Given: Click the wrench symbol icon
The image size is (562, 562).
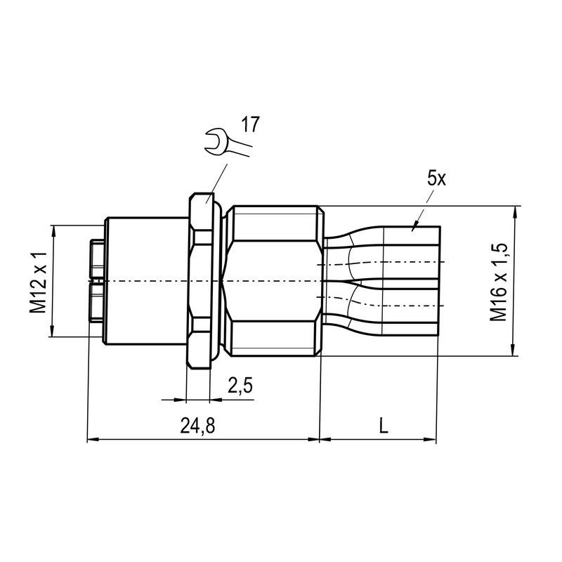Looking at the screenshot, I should pyautogui.click(x=222, y=142).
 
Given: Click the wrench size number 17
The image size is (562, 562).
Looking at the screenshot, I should pyautogui.click(x=250, y=125).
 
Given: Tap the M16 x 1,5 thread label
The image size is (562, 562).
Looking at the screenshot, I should pyautogui.click(x=499, y=282).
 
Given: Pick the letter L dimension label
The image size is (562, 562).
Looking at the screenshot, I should pyautogui.click(x=383, y=426).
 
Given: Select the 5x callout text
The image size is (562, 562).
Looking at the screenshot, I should pyautogui.click(x=436, y=178).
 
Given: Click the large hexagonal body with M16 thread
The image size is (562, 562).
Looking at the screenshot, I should pyautogui.click(x=274, y=281).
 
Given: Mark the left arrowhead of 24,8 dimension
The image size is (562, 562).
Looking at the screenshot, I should pyautogui.click(x=91, y=440).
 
